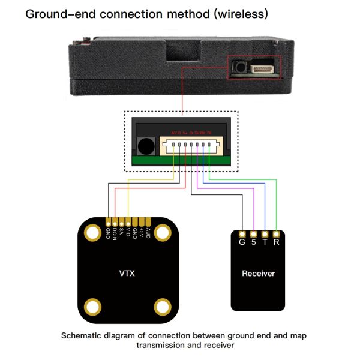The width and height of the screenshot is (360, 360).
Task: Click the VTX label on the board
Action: coord(127,274)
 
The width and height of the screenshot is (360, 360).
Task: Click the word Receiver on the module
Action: coord(258,274)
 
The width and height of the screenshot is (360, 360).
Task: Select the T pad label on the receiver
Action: coord(265,243)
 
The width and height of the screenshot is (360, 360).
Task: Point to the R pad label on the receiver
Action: coord(276,243)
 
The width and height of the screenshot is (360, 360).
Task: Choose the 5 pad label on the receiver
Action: coord(253,243)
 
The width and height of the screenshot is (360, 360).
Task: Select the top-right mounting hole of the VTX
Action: coord(163,232)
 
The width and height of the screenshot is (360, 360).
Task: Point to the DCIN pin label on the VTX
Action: coord(115,233)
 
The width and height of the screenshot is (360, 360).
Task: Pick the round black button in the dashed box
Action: coord(145,146)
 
